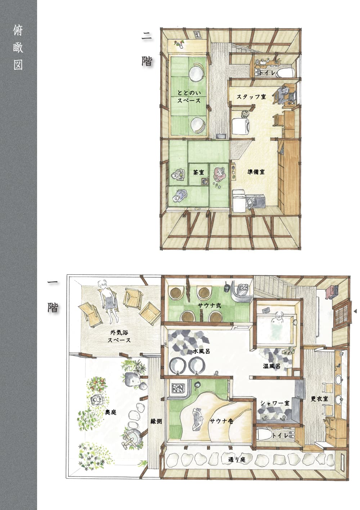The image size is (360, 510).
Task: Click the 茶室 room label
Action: click(198, 173)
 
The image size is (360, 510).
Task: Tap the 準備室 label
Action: click(256, 172)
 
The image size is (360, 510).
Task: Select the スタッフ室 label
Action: click(251, 97)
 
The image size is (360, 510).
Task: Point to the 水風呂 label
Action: click(201, 351)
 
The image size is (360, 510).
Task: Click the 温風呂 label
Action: click(271, 366)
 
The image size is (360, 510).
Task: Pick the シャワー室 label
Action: click(275, 403)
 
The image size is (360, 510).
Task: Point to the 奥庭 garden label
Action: click(111, 412)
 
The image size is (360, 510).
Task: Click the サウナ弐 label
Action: click(210, 305)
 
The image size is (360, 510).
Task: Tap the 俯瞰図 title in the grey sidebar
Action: click(18, 48)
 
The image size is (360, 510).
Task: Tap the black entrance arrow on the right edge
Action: click(355, 311)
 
